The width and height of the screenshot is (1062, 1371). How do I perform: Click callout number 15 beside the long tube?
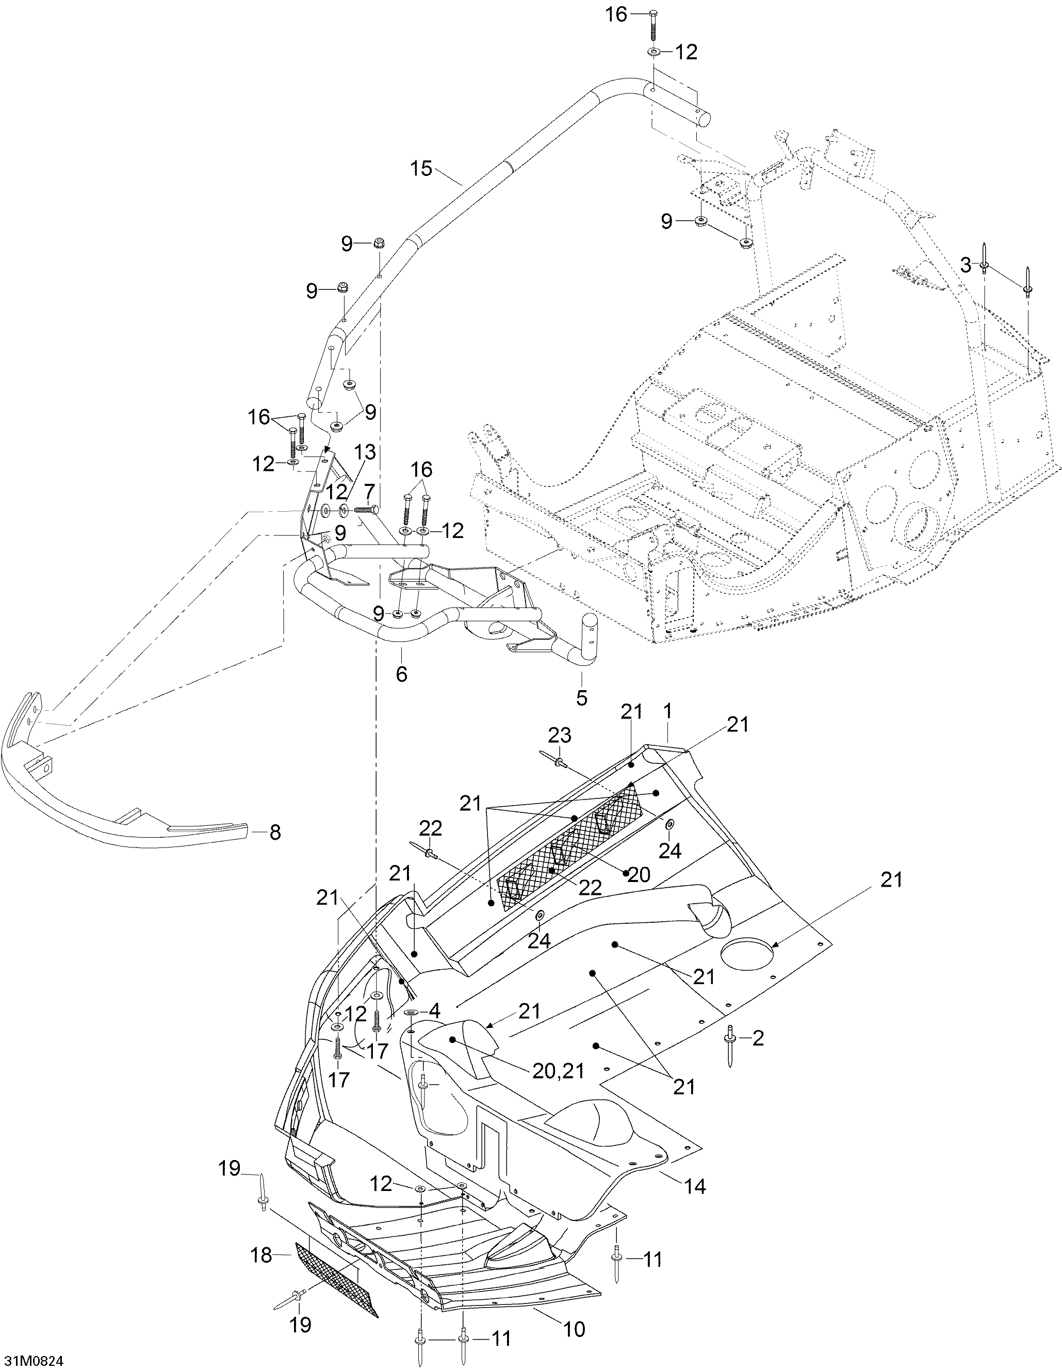coord(422,168)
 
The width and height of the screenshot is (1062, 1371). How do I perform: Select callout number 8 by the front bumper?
coord(275,833)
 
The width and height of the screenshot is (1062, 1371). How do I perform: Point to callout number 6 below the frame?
coord(402,674)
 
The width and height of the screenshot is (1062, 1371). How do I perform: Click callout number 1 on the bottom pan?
coord(667,711)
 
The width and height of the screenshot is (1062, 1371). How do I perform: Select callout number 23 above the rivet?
coord(560,735)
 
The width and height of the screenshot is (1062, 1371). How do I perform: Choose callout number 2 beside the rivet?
coord(758,1038)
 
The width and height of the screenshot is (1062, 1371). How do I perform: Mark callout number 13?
coord(365,452)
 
